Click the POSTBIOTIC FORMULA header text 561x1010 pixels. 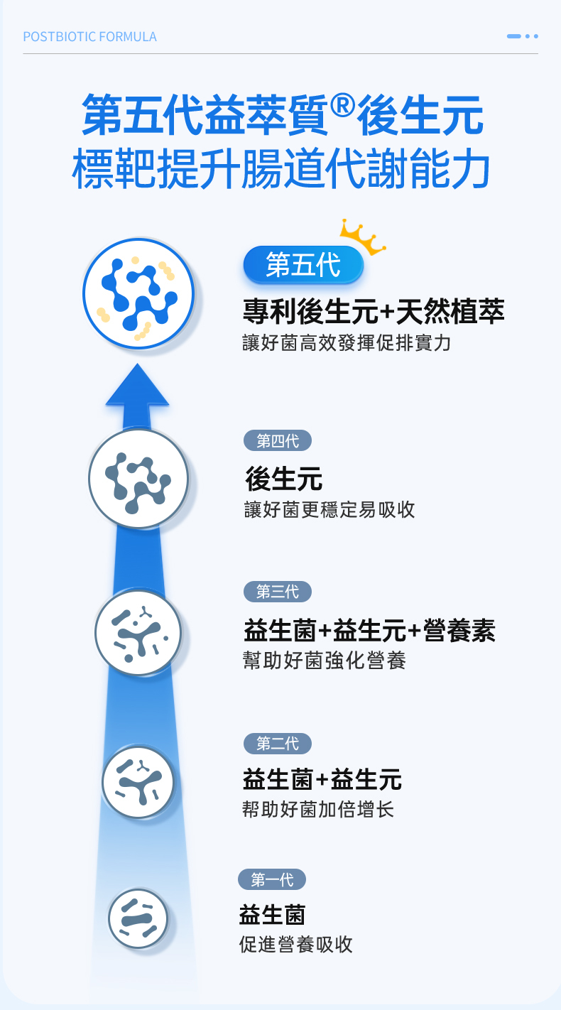(x=89, y=36)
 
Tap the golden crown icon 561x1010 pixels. (x=361, y=237)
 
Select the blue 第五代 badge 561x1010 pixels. (x=303, y=266)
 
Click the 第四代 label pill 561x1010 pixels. (x=278, y=441)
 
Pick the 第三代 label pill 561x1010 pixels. (x=278, y=591)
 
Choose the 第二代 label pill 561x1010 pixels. (x=278, y=744)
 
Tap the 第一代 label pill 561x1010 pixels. (x=272, y=880)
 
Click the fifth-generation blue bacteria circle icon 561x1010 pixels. (x=138, y=293)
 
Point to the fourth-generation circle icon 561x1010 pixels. (x=138, y=478)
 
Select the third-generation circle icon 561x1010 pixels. (x=138, y=632)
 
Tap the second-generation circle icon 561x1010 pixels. (x=138, y=782)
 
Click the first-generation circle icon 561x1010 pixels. (x=138, y=918)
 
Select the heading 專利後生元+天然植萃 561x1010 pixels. (x=374, y=311)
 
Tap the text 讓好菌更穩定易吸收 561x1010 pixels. (x=329, y=509)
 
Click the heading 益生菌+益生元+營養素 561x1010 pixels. (x=369, y=630)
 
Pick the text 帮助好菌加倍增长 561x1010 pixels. (x=318, y=809)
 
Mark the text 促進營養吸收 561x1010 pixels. (x=296, y=944)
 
